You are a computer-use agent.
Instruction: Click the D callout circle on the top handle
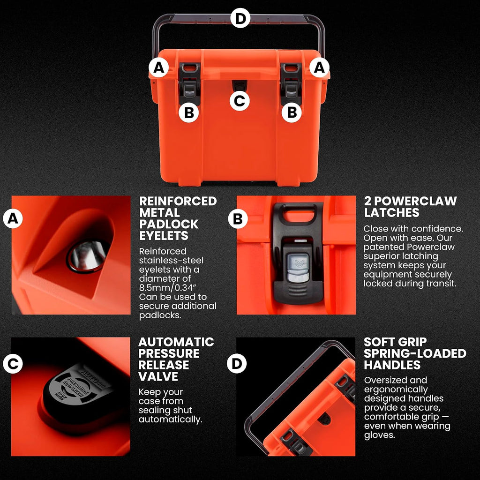tap(240, 18)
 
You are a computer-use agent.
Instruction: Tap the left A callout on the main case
tap(158, 67)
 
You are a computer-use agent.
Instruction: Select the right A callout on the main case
tap(319, 67)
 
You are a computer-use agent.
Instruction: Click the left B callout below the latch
tap(189, 112)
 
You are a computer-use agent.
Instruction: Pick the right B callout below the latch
tap(292, 112)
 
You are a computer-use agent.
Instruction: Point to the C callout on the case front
tap(240, 101)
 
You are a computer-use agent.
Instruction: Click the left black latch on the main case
tap(190, 83)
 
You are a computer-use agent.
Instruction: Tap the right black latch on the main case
tap(291, 83)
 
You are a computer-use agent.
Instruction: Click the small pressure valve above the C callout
tap(240, 85)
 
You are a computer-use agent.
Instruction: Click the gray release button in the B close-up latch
tap(298, 268)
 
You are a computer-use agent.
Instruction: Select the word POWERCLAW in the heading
tap(415, 201)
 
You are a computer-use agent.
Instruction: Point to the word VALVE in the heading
tap(158, 376)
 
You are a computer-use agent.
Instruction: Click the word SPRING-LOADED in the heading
tap(415, 353)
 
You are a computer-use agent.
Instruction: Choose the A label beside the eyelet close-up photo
tap(13, 218)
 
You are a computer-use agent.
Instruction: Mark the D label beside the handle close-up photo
tap(237, 363)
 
